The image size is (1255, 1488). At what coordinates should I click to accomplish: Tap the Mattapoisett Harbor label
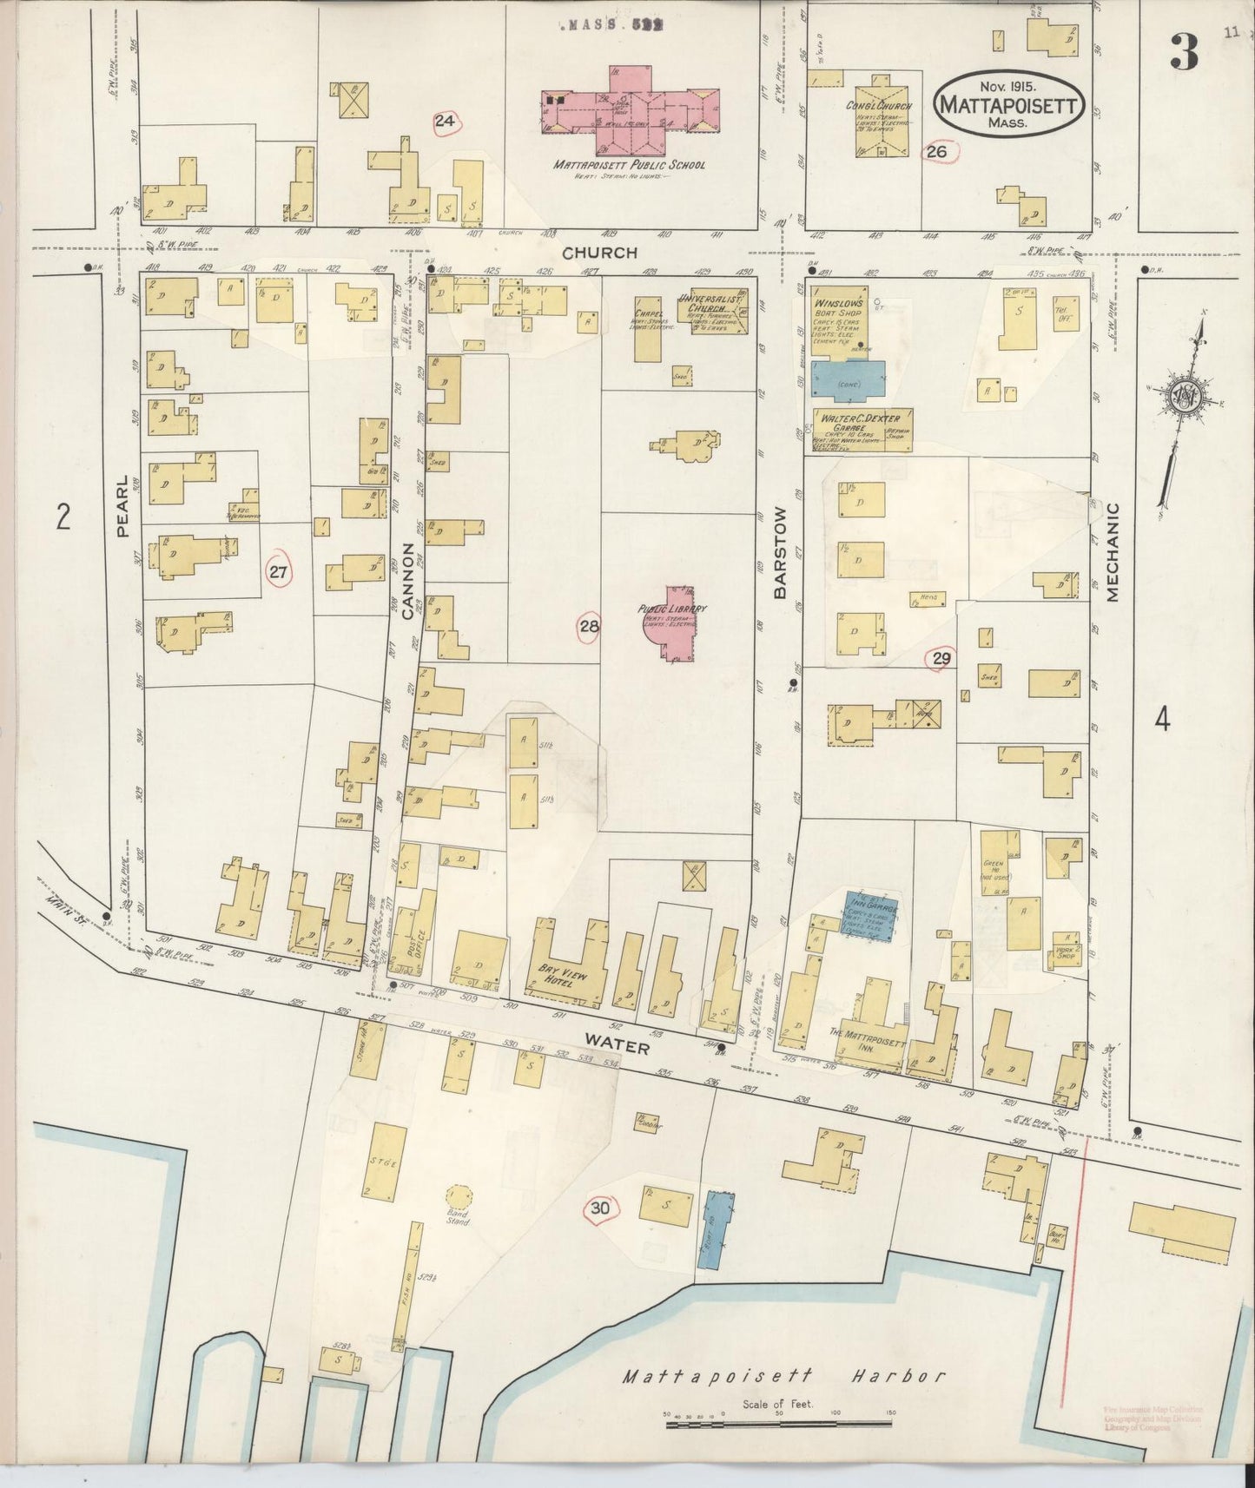pyautogui.click(x=783, y=1377)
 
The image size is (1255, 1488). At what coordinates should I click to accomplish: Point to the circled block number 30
pyautogui.click(x=600, y=1208)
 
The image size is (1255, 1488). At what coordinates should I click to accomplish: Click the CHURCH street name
pyautogui.click(x=599, y=253)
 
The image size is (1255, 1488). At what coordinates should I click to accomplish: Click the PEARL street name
pyautogui.click(x=122, y=505)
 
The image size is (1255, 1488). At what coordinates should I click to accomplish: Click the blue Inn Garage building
pyautogui.click(x=871, y=912)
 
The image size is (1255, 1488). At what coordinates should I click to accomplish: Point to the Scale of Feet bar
pyautogui.click(x=778, y=1425)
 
